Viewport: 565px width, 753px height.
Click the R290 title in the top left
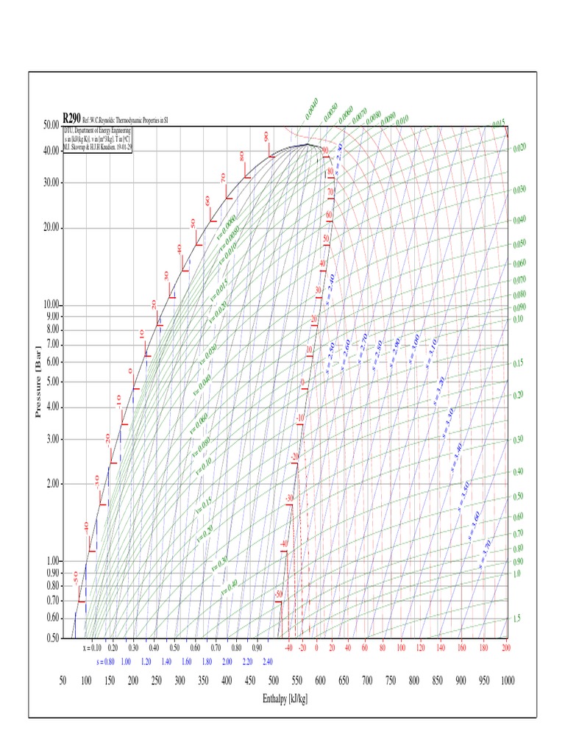[x=72, y=118]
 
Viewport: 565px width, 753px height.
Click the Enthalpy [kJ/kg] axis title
[x=285, y=698]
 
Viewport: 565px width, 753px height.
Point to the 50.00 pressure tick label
[x=50, y=125]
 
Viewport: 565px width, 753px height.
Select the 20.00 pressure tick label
[x=50, y=227]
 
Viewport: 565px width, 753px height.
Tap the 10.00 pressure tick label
[x=50, y=304]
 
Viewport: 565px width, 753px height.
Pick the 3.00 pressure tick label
[x=53, y=440]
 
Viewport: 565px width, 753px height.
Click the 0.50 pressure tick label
[x=53, y=638]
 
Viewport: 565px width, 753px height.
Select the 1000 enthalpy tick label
[x=506, y=681]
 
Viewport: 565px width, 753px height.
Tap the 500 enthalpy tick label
[x=274, y=681]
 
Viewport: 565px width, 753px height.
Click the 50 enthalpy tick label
[x=63, y=681]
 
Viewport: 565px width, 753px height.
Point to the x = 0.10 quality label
[x=92, y=648]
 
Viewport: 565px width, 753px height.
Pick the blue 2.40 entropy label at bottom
[x=268, y=661]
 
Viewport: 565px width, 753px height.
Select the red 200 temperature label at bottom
[x=505, y=648]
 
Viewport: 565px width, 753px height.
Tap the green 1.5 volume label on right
[x=516, y=618]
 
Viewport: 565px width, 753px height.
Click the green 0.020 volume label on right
[x=519, y=147]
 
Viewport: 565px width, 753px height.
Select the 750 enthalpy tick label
[x=390, y=681]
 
